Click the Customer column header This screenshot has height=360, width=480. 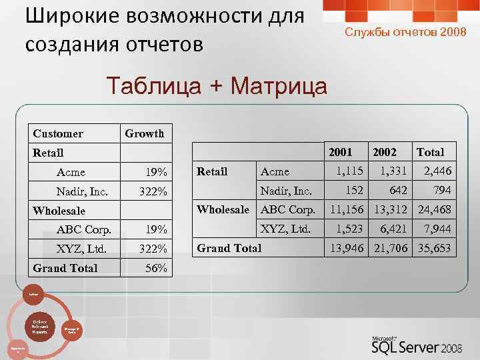point(58,134)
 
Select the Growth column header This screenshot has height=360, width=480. point(144,134)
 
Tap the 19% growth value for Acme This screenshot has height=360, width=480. point(157,173)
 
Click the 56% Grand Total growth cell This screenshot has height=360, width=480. point(157,269)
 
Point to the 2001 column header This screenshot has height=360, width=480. point(340,153)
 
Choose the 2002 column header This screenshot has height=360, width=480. point(385,153)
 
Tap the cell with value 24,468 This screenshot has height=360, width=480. point(434,211)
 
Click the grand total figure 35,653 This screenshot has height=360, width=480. point(434,249)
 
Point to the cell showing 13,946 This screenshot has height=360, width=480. point(345,249)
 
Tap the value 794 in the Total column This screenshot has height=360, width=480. point(440,191)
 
